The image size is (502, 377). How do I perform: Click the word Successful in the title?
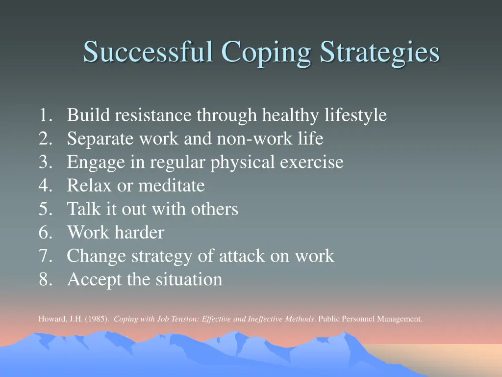pyautogui.click(x=149, y=52)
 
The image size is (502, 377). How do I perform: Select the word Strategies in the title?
pyautogui.click(x=380, y=52)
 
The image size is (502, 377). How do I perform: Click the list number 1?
pyautogui.click(x=45, y=115)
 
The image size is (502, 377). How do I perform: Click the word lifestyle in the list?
pyautogui.click(x=355, y=115)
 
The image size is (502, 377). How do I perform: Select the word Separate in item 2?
pyautogui.click(x=100, y=139)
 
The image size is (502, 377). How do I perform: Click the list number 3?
pyautogui.click(x=45, y=162)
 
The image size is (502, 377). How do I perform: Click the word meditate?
pyautogui.click(x=171, y=186)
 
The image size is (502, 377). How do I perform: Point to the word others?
pyautogui.click(x=215, y=210)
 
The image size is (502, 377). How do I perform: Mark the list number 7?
pyautogui.click(x=45, y=256)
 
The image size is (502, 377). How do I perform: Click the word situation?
pyautogui.click(x=189, y=280)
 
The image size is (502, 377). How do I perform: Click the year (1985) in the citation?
pyautogui.click(x=97, y=319)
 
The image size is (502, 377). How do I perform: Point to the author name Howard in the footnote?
pyautogui.click(x=50, y=319)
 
